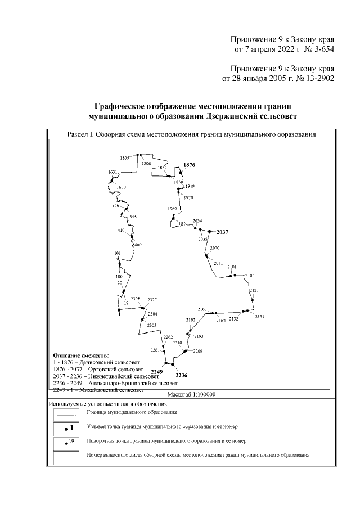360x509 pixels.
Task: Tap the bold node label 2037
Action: click(224, 232)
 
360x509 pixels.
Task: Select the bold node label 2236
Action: click(181, 375)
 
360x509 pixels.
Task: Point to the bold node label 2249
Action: click(157, 372)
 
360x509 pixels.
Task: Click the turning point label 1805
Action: click(124, 158)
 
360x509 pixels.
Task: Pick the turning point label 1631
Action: click(112, 172)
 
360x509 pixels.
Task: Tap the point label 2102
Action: click(250, 276)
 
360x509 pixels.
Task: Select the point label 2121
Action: click(254, 290)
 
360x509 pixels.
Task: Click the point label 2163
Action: click(202, 309)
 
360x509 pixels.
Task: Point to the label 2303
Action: click(151, 326)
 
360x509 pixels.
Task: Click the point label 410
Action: click(121, 231)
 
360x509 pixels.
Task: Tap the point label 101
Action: click(118, 254)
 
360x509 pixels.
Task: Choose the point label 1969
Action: click(173, 209)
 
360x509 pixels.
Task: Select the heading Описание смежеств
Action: click(81, 356)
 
